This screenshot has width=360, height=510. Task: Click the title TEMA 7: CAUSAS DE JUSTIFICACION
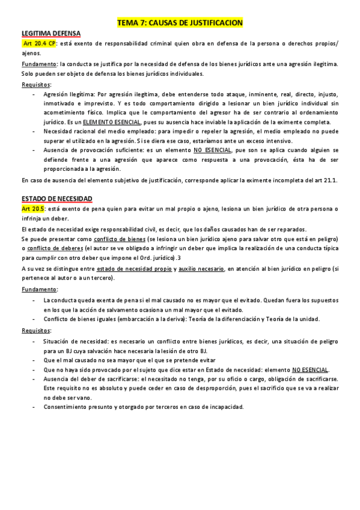(x=180, y=22)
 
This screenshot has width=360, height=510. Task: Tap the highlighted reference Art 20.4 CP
(x=40, y=44)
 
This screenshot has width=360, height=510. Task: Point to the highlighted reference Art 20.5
(x=33, y=208)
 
